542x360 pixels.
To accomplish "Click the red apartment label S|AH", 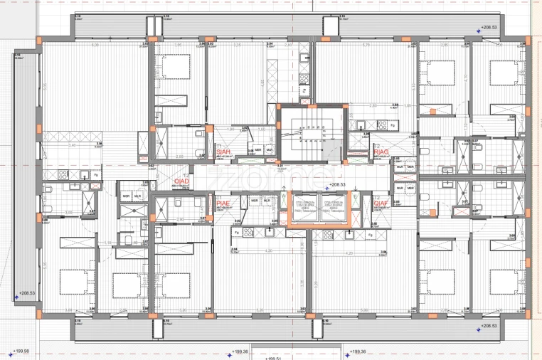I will coord(224,152).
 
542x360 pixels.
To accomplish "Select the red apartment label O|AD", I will coord(181,181).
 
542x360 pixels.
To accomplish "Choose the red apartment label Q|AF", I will coord(381,203).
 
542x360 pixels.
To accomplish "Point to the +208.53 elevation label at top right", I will coord(488,28).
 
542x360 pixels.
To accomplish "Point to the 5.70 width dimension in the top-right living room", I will coord(366,46).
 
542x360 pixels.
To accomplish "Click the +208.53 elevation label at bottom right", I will coord(488,326).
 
